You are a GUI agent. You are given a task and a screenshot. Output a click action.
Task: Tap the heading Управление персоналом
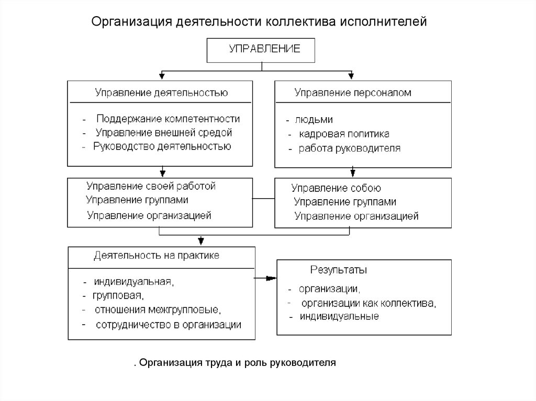click(352, 93)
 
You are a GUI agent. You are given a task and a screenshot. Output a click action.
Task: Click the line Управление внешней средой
click(163, 133)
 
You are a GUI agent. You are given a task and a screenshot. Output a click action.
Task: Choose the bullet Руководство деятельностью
click(162, 146)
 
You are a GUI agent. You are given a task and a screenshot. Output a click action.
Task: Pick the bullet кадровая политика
click(344, 134)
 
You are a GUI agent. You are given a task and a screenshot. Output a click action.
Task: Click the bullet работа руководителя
click(350, 148)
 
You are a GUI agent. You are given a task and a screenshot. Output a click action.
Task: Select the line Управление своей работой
click(151, 186)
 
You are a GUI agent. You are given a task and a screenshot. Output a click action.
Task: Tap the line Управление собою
click(336, 188)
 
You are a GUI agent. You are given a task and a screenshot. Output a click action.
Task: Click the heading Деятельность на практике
click(157, 256)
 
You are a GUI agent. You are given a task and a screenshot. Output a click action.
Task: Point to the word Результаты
click(339, 270)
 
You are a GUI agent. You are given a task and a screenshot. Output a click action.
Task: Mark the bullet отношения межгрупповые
click(158, 310)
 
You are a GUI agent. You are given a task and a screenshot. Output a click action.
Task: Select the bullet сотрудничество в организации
click(168, 325)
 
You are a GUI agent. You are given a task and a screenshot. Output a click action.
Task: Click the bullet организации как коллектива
click(368, 303)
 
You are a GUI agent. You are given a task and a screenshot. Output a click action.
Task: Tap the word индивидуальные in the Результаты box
click(339, 317)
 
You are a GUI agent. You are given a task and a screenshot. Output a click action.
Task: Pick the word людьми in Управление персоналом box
click(315, 119)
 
